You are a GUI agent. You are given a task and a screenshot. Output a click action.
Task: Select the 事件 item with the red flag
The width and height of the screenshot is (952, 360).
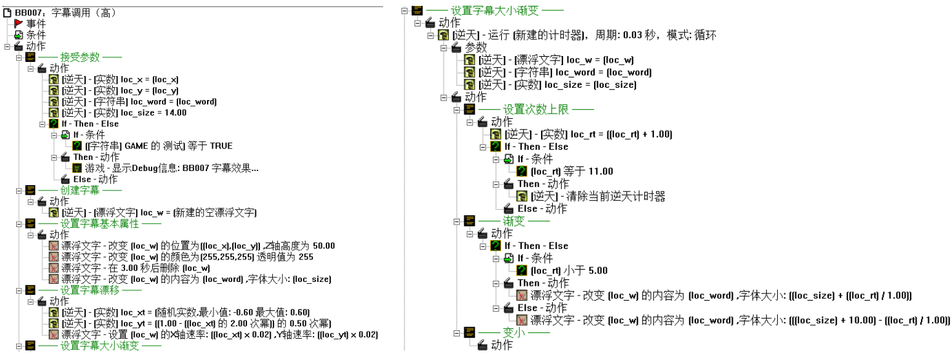click(35, 24)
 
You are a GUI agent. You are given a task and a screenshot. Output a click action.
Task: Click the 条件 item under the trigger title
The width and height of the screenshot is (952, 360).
click(35, 35)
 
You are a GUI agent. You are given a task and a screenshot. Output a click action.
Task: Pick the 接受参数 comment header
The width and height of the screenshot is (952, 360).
click(80, 57)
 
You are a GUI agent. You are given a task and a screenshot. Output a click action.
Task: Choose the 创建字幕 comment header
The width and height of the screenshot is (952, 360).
click(80, 190)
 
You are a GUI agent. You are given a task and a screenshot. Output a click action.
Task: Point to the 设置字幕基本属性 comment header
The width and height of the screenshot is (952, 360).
click(100, 224)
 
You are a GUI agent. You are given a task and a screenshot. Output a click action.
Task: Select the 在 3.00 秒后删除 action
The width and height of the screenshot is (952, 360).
click(135, 268)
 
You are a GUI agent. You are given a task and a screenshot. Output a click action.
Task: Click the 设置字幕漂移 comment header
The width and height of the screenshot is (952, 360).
click(90, 290)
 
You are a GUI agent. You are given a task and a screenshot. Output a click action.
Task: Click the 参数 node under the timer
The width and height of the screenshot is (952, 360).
click(476, 47)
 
